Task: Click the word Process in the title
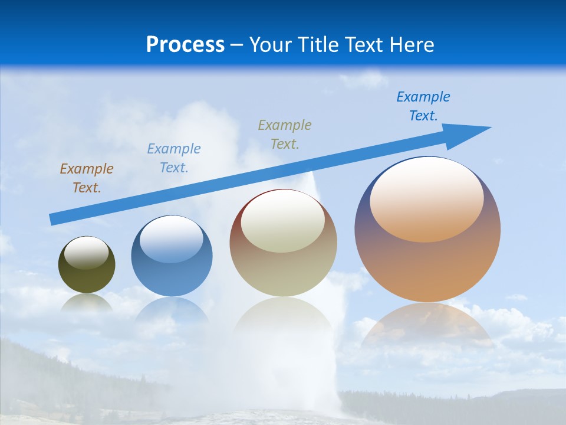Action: click(185, 45)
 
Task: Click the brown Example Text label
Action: click(87, 178)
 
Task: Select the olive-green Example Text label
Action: click(285, 135)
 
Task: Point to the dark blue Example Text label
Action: click(423, 106)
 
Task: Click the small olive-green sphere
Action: click(87, 277)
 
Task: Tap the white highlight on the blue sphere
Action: click(172, 240)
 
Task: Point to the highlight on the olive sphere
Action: click(87, 253)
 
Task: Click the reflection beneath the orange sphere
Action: click(427, 325)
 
